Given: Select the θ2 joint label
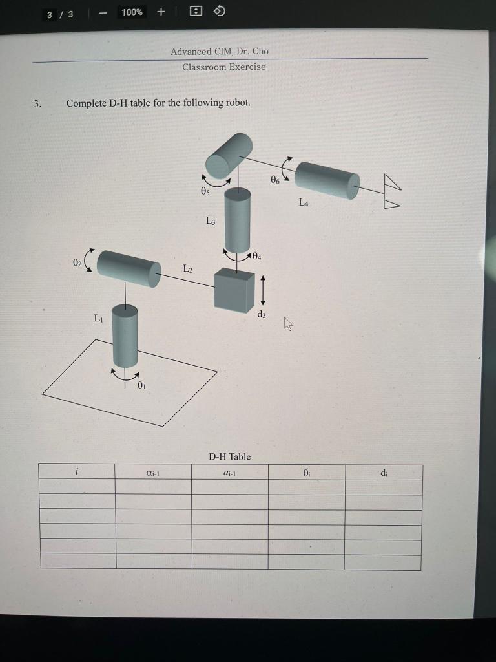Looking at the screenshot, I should point(77,262).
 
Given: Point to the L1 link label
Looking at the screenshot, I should point(98,317).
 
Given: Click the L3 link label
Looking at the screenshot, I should point(211,220).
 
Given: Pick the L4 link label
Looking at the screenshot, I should point(304,202).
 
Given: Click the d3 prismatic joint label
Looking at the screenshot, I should point(261,314).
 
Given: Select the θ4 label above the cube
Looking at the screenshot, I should point(256,256).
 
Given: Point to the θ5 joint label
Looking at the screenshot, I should point(205,191).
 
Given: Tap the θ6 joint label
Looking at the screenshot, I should point(274,179).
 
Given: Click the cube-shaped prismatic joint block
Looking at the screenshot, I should point(234,290).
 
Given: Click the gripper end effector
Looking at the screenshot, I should point(391,192).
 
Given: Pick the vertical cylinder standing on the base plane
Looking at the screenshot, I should point(125,336).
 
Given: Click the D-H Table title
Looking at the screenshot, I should point(229,456).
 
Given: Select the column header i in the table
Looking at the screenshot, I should point(77,472).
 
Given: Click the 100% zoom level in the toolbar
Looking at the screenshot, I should point(132,12).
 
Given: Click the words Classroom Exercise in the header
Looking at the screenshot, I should point(223,67).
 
